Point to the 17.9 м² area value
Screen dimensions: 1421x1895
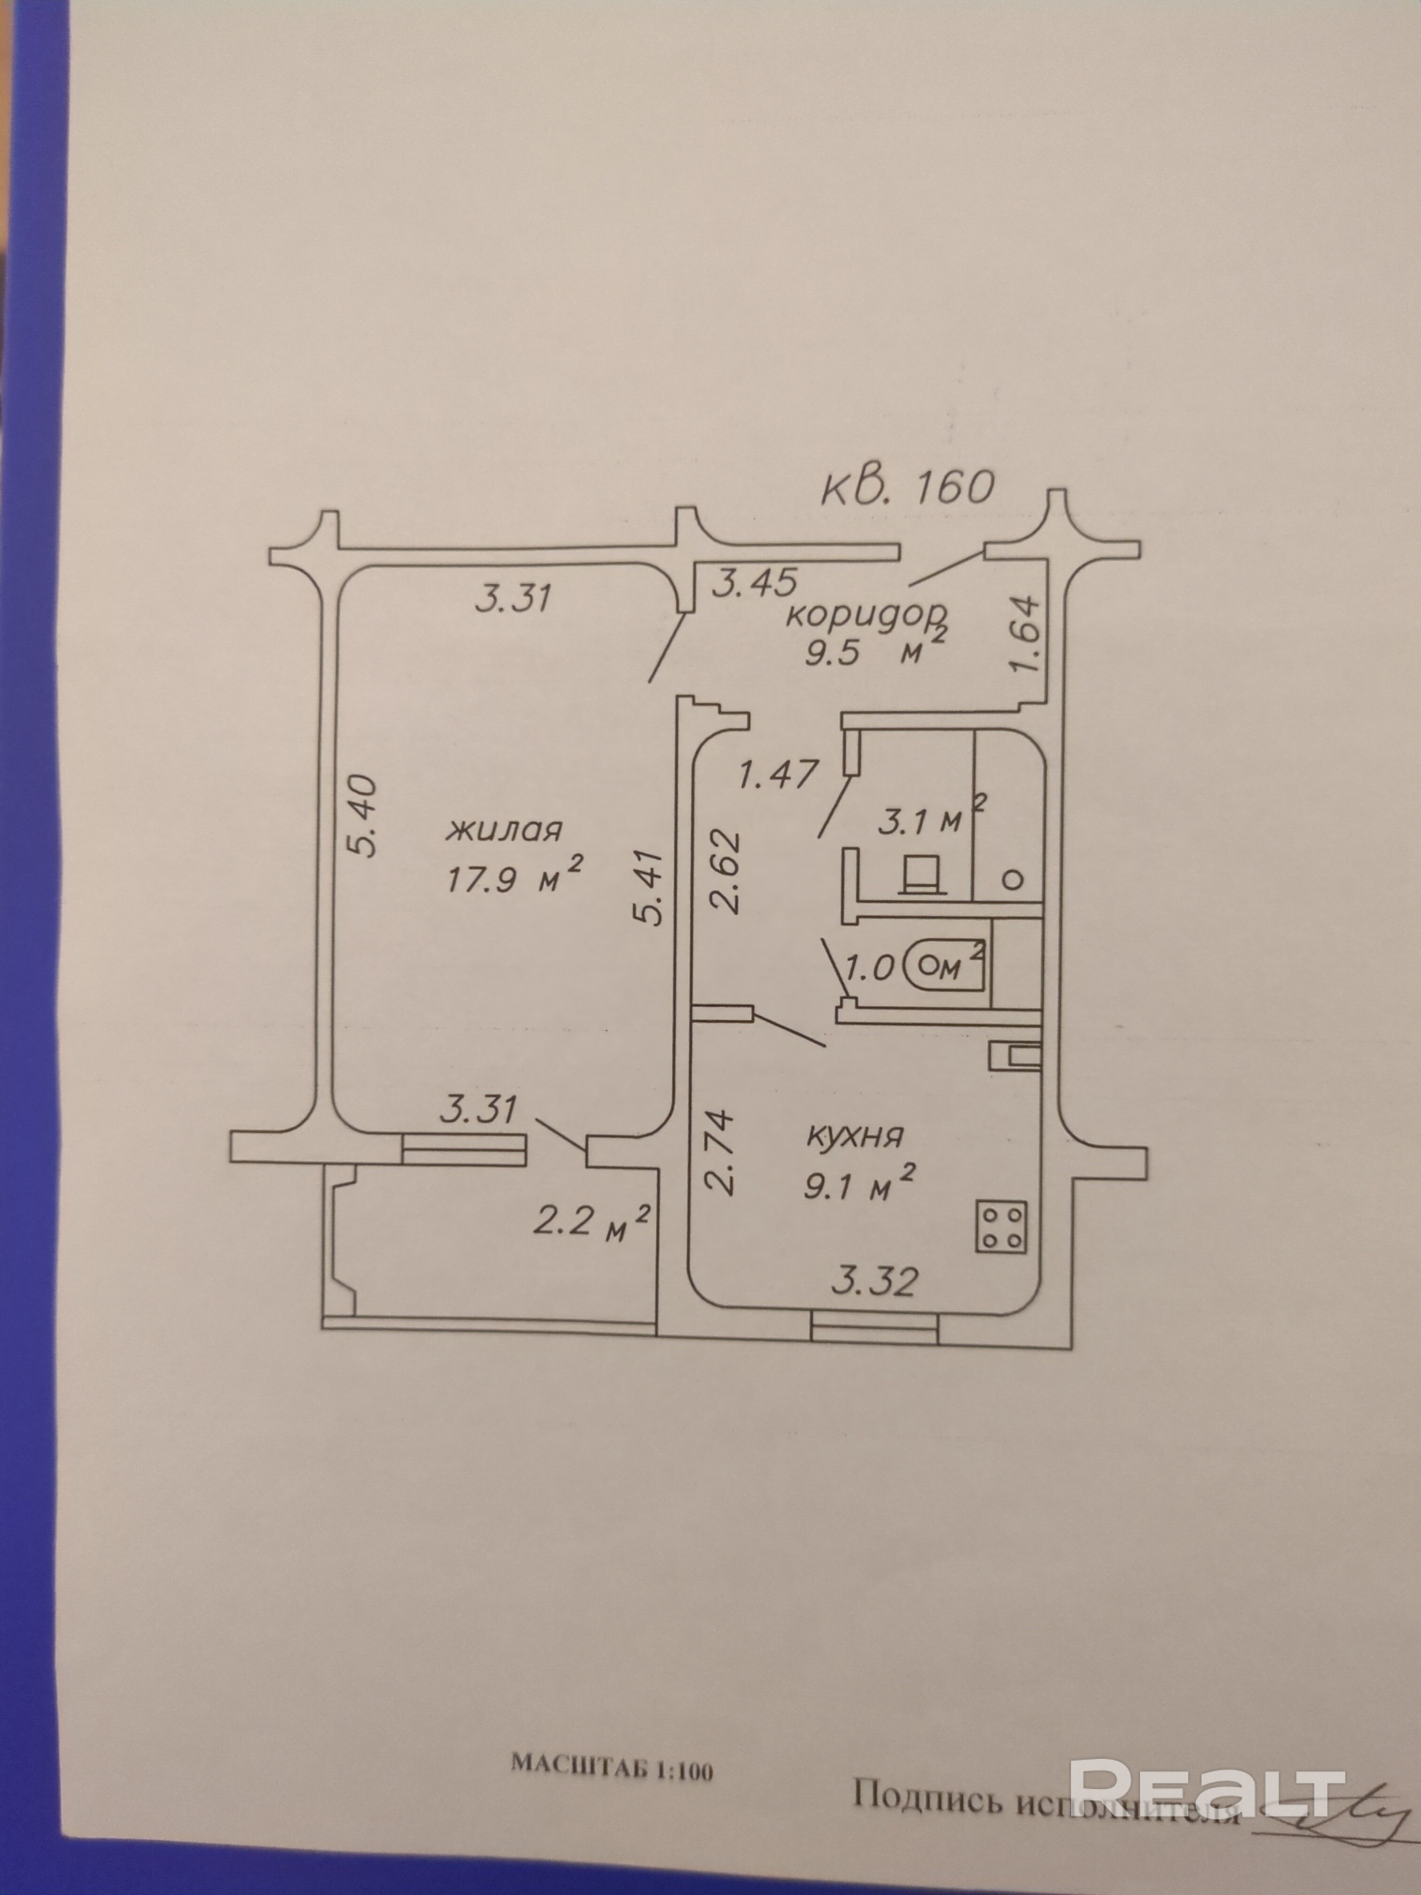514,877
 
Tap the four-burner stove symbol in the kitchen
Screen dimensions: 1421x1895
1002,1228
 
